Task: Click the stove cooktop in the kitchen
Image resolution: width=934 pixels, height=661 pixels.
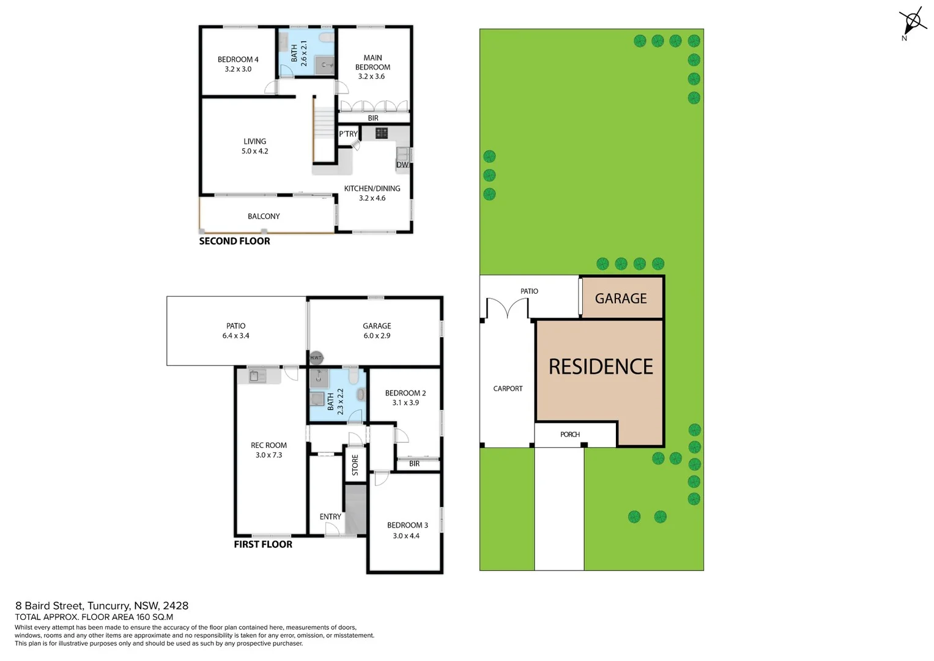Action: [382, 133]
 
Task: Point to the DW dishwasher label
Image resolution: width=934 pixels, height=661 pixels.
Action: [402, 165]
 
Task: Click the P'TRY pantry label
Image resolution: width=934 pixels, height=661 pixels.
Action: [348, 134]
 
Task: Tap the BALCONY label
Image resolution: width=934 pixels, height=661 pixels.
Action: [264, 217]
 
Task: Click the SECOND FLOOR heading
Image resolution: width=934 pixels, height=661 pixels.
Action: [234, 241]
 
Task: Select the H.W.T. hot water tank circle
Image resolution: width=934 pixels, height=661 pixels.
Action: [316, 358]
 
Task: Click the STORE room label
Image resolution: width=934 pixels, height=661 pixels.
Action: [355, 465]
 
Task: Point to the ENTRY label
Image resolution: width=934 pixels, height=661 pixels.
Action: [330, 517]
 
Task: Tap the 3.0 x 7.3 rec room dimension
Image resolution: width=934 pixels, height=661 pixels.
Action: [269, 455]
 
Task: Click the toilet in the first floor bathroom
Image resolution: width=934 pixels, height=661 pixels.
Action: [354, 375]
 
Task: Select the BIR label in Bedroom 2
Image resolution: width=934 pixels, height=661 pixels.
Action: [414, 464]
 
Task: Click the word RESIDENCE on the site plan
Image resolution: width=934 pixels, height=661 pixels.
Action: [601, 367]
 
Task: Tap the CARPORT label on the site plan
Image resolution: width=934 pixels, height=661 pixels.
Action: [508, 389]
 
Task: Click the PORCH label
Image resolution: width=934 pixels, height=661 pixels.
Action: [569, 435]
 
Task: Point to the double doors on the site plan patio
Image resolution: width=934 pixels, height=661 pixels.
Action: [507, 308]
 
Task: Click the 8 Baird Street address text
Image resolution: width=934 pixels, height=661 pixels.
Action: [102, 606]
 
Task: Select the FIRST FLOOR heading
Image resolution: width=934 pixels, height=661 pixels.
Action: [263, 545]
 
